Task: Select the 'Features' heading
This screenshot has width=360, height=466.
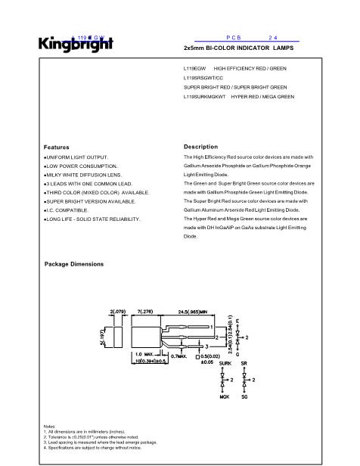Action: tap(57, 148)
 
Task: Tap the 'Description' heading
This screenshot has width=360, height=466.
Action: tap(200, 147)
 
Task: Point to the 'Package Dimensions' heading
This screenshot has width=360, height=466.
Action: tap(74, 264)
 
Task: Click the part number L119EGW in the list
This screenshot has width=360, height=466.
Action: tap(196, 69)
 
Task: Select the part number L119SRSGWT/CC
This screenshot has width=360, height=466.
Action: tap(204, 78)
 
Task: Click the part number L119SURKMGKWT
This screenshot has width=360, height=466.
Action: tap(206, 97)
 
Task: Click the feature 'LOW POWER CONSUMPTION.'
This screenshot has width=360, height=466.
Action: tap(81, 165)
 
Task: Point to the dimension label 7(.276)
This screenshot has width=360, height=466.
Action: tap(144, 312)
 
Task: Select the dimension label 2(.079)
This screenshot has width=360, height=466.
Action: tap(117, 312)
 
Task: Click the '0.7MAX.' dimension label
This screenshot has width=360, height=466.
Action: tap(179, 355)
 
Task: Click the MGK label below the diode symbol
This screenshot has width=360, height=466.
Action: tap(225, 396)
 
